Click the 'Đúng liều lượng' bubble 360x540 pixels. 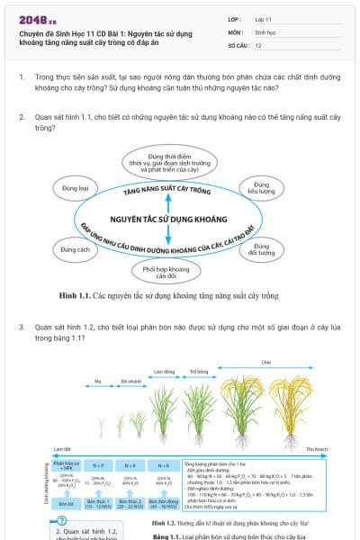[260, 187]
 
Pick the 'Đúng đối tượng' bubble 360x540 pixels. [261, 249]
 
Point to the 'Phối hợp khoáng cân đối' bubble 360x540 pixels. [165, 270]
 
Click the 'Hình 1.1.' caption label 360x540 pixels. [75, 295]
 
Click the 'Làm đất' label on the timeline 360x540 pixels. [61, 448]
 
